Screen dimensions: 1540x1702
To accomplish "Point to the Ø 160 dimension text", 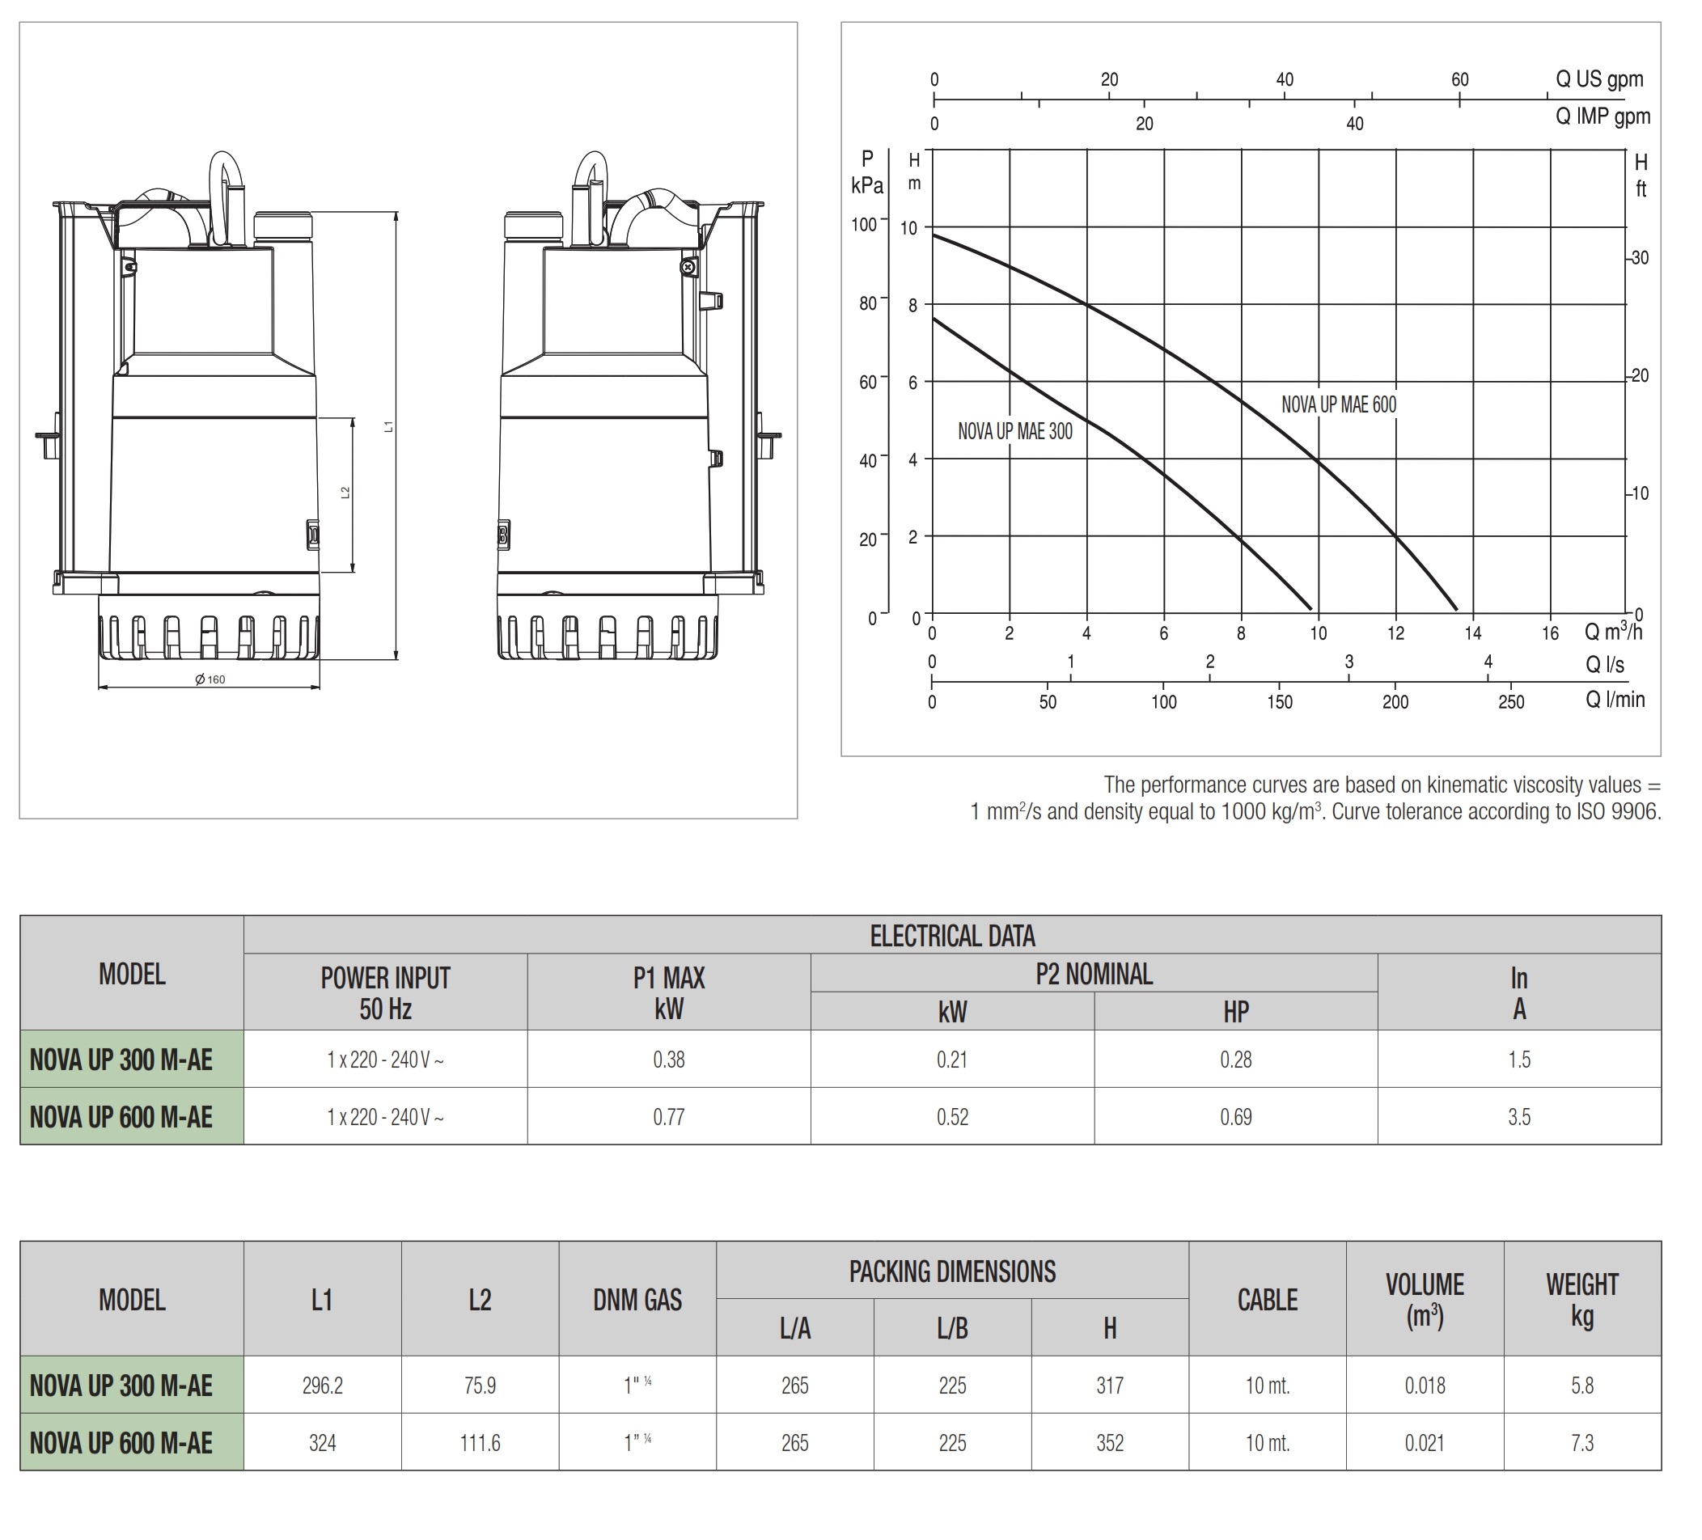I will pos(210,679).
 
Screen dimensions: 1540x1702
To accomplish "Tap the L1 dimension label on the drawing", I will pos(389,427).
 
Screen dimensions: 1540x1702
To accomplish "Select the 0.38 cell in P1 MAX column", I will pos(669,1060).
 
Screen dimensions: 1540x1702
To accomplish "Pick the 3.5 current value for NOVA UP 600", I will pos(1519,1117).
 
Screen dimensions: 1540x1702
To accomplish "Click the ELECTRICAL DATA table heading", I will pos(952,937).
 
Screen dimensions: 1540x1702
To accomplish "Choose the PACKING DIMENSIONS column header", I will pos(952,1271).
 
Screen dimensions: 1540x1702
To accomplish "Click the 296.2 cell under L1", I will pos(323,1386).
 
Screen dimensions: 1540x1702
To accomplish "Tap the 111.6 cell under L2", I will pos(480,1443).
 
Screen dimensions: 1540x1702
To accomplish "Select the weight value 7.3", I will pos(1582,1443).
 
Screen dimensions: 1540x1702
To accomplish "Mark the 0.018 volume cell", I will pos(1425,1386).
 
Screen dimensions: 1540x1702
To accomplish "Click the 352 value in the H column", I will pos(1109,1443).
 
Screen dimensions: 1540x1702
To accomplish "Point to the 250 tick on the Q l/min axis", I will pos(1510,702).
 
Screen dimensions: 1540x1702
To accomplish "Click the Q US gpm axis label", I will pos(1599,79).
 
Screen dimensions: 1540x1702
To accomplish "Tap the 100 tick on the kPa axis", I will pos(865,225).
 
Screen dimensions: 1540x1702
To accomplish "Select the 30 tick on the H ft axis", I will pos(1640,258).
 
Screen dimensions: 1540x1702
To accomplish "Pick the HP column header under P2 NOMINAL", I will pos(1236,1012).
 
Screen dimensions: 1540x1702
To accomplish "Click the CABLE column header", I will pos(1268,1301).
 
